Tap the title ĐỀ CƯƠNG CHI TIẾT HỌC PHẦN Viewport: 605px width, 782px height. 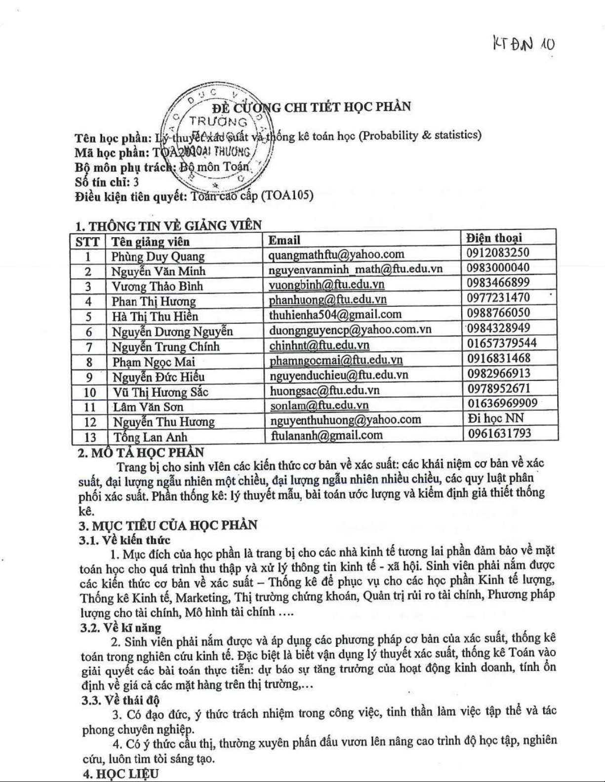point(312,107)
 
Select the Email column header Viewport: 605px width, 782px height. point(284,240)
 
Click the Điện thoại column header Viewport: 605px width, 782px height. point(494,238)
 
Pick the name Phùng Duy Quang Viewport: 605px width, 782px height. point(158,257)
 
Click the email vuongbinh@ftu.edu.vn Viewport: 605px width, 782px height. point(326,285)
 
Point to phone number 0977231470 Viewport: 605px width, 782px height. point(498,298)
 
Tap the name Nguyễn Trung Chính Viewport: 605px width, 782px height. point(165,347)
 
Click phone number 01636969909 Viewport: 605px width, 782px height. point(502,403)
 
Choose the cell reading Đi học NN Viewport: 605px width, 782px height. point(495,418)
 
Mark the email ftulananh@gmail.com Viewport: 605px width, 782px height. point(327,435)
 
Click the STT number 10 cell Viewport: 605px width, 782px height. point(90,392)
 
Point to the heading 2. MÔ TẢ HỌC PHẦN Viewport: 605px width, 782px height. point(141,452)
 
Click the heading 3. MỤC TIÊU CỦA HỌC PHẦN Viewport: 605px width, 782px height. point(168,525)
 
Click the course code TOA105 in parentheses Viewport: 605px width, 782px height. point(289,196)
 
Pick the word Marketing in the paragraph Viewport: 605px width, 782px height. point(202,597)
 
